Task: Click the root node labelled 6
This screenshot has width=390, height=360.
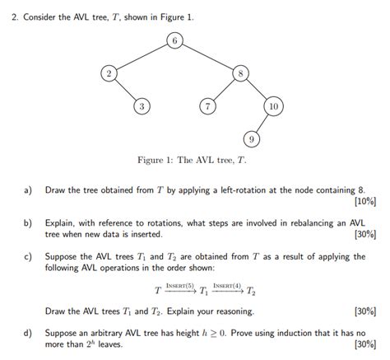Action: pyautogui.click(x=174, y=40)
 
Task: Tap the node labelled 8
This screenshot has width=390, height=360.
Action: pyautogui.click(x=240, y=73)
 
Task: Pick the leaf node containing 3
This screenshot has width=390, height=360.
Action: pyautogui.click(x=142, y=106)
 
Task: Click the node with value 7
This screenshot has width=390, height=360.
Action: pyautogui.click(x=208, y=106)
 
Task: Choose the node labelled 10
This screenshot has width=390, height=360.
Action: pyautogui.click(x=273, y=106)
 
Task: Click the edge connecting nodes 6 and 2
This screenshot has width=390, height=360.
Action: pyautogui.click(x=141, y=57)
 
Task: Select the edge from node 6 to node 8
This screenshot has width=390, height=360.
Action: pyautogui.click(x=207, y=57)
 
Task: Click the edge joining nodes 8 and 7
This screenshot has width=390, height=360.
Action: pyautogui.click(x=224, y=90)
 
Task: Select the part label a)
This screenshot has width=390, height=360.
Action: pyautogui.click(x=28, y=189)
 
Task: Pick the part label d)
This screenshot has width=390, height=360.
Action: pyautogui.click(x=28, y=333)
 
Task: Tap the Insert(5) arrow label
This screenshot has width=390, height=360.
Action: pyautogui.click(x=179, y=285)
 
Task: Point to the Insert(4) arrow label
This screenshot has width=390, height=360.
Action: pyautogui.click(x=226, y=285)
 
